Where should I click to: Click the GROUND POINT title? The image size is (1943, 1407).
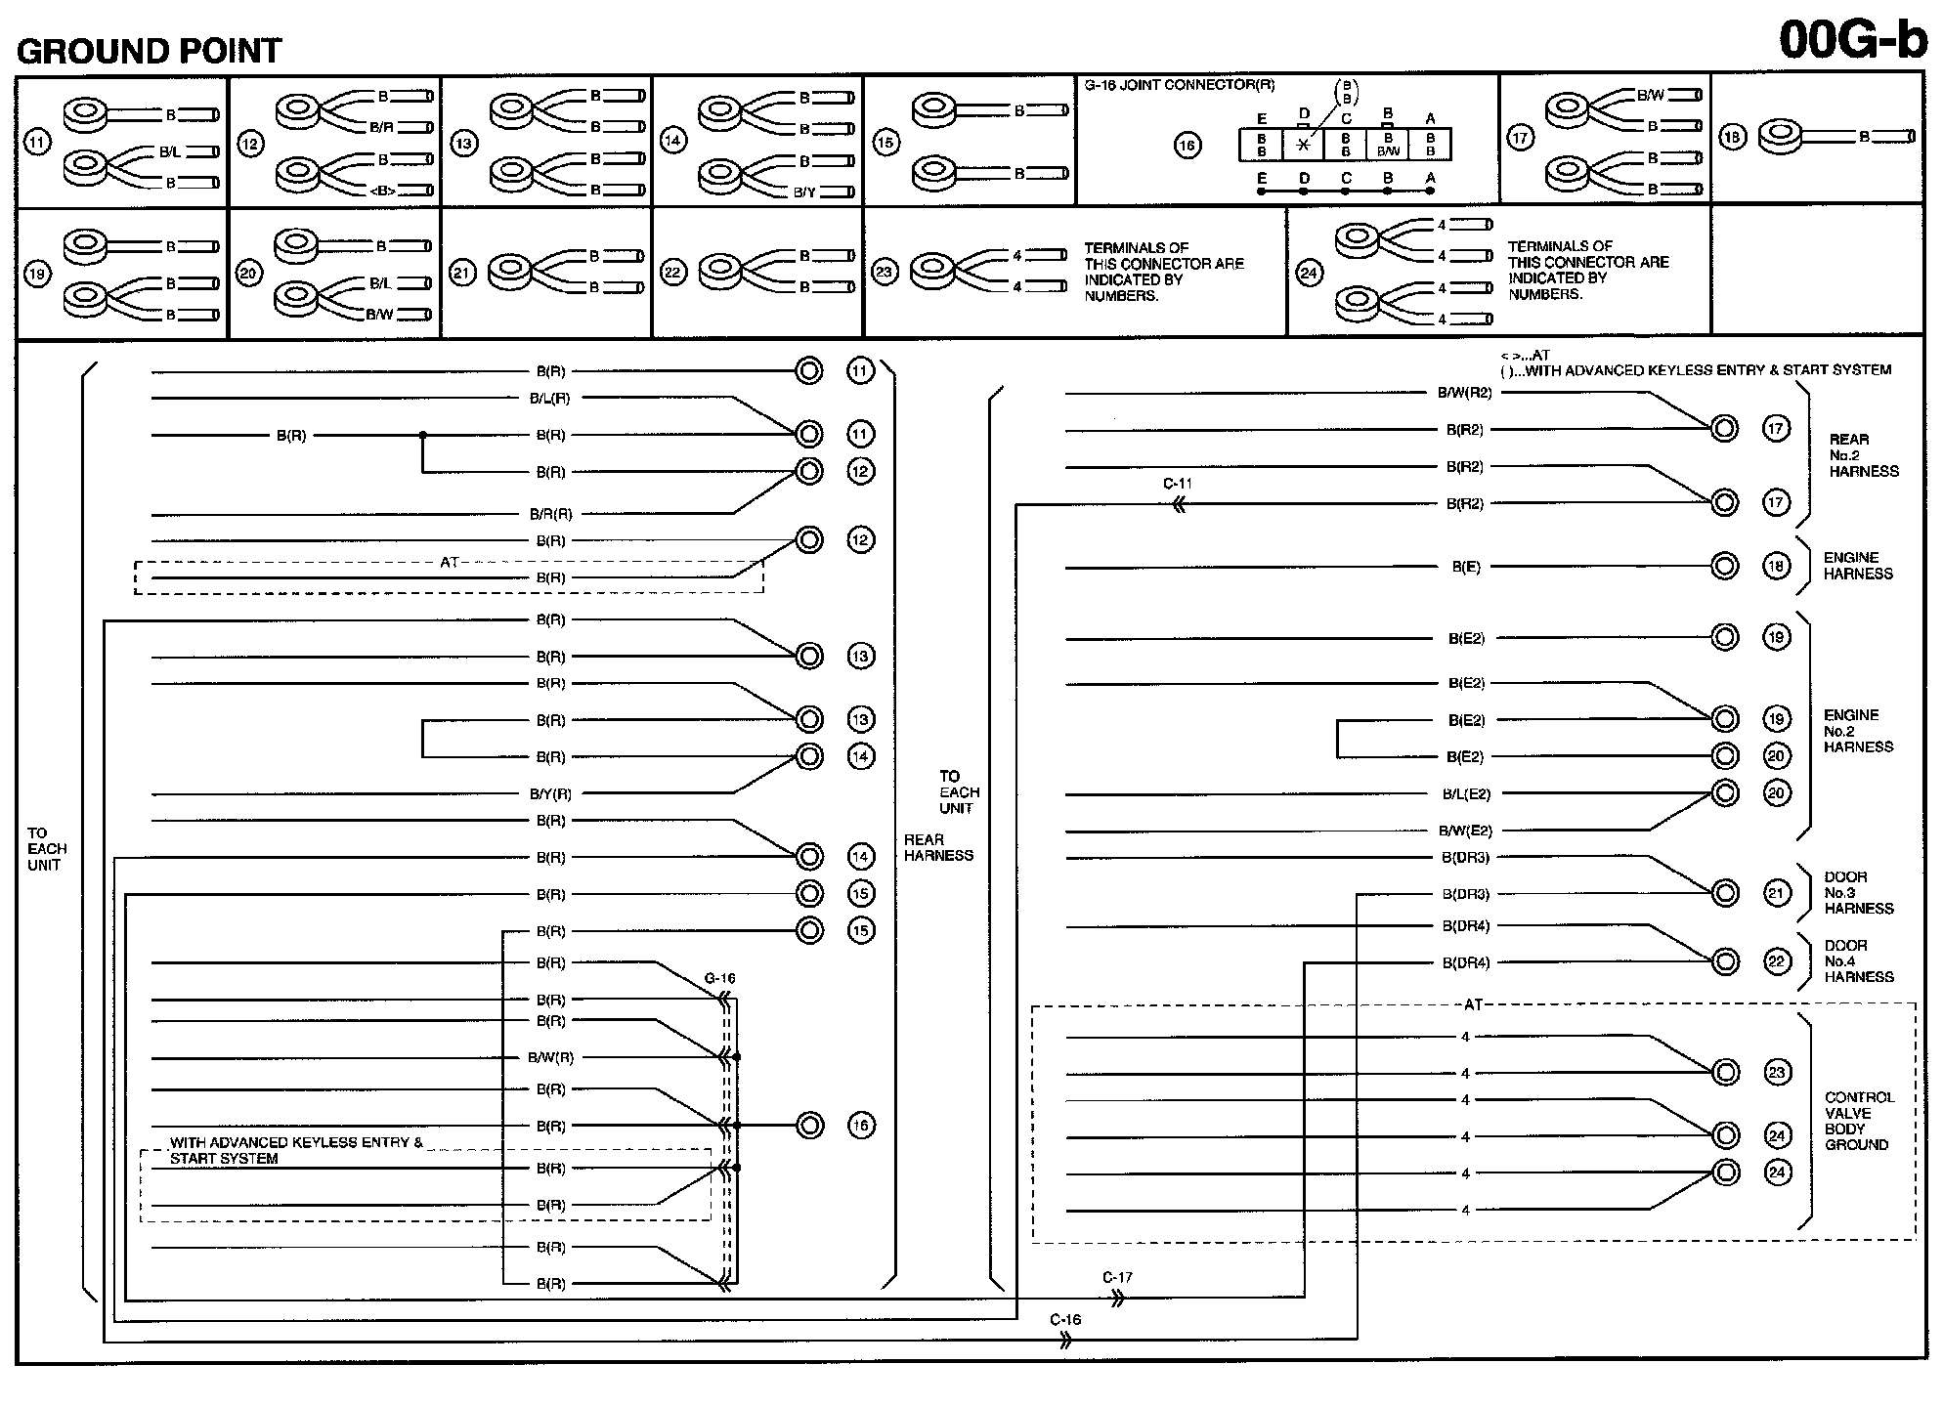click(150, 51)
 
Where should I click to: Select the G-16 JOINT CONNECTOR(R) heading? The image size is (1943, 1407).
click(1180, 85)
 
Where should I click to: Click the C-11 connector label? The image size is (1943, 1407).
click(1177, 484)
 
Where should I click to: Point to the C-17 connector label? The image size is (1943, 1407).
click(1117, 1277)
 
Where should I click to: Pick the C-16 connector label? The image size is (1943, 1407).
click(1065, 1320)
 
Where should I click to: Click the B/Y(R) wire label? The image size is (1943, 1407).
click(550, 794)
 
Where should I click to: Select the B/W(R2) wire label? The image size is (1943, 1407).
click(1464, 393)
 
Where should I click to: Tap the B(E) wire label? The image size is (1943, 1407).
click(1465, 567)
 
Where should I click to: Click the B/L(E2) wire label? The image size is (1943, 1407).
click(1466, 794)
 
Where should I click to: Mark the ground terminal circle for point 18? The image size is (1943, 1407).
click(1725, 566)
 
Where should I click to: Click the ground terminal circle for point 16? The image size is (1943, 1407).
click(810, 1126)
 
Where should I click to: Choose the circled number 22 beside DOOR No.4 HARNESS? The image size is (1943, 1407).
click(1777, 961)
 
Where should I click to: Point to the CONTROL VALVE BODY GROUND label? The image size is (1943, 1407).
click(1859, 1121)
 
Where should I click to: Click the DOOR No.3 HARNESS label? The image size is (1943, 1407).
click(1858, 893)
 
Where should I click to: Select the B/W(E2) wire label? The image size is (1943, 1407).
click(1465, 831)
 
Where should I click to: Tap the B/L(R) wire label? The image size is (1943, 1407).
click(549, 399)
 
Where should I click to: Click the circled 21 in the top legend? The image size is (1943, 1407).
click(461, 273)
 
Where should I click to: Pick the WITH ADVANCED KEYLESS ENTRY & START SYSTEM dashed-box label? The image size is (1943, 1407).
click(295, 1150)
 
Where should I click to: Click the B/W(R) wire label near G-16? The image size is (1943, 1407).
click(550, 1057)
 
